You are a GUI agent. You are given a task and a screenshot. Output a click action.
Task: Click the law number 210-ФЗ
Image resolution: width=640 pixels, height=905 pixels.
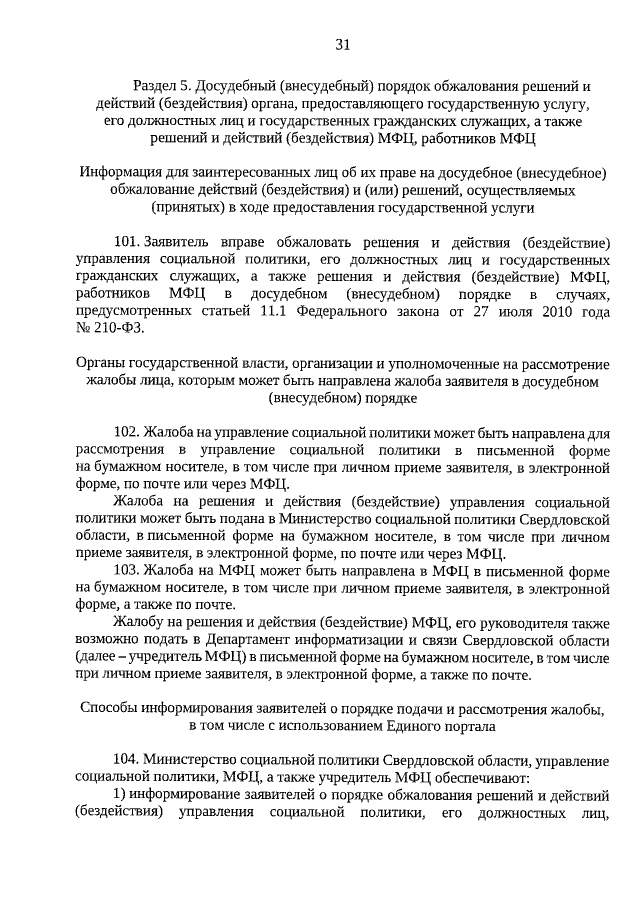(120, 327)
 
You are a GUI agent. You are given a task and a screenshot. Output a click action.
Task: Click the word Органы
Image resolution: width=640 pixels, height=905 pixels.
(100, 364)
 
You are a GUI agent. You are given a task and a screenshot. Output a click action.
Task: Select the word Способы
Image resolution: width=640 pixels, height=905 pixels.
(106, 708)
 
